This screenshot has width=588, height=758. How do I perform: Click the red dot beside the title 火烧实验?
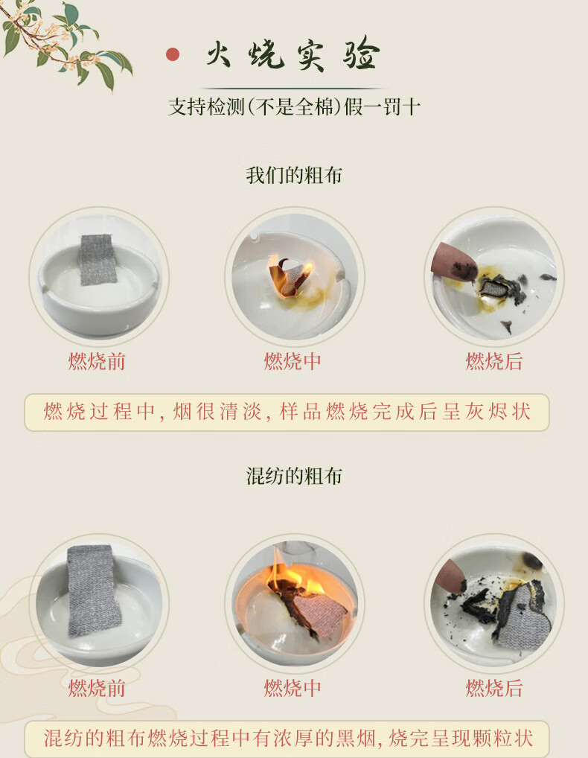pyautogui.click(x=173, y=54)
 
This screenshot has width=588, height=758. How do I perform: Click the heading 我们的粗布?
pyautogui.click(x=294, y=175)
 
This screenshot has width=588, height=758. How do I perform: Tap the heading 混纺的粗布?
pyautogui.click(x=294, y=476)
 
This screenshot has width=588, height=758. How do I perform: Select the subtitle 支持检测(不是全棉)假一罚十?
pyautogui.click(x=294, y=106)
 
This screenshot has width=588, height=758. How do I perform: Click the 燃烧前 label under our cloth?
pyautogui.click(x=97, y=361)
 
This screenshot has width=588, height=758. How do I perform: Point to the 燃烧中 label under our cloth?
pyautogui.click(x=293, y=361)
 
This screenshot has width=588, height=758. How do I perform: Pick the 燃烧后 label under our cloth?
pyautogui.click(x=493, y=361)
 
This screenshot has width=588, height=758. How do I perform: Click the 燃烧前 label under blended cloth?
pyautogui.click(x=97, y=688)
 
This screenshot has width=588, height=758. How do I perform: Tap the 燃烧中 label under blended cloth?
pyautogui.click(x=293, y=688)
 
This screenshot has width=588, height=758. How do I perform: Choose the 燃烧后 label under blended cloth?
pyautogui.click(x=493, y=688)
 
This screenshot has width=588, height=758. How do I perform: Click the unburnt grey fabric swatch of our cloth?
pyautogui.click(x=98, y=259)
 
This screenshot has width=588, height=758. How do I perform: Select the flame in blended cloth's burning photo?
pyautogui.click(x=295, y=576)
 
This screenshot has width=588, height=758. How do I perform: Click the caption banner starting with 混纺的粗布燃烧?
pyautogui.click(x=287, y=738)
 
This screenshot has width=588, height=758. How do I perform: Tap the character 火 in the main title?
pyautogui.click(x=218, y=54)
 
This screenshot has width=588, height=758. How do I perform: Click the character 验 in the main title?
pyautogui.click(x=361, y=54)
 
